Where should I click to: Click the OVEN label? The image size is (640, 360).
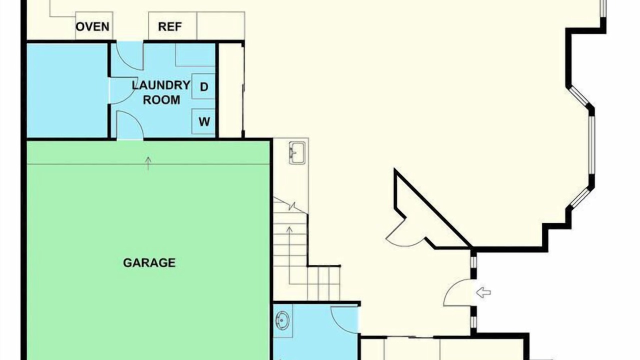(92, 27)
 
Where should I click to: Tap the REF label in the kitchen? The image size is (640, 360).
(169, 27)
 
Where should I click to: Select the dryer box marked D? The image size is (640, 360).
(203, 86)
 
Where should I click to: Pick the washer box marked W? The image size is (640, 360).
(203, 121)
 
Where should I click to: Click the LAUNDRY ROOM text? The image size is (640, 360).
(161, 92)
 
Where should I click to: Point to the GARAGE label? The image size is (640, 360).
(149, 262)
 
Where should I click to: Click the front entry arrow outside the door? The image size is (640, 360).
(483, 292)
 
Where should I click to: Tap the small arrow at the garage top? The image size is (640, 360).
(148, 163)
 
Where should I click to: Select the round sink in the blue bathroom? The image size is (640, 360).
(282, 320)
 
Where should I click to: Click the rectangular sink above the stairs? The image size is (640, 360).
(297, 153)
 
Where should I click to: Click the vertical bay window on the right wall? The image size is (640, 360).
(592, 145)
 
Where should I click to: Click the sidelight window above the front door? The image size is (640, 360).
(473, 262)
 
